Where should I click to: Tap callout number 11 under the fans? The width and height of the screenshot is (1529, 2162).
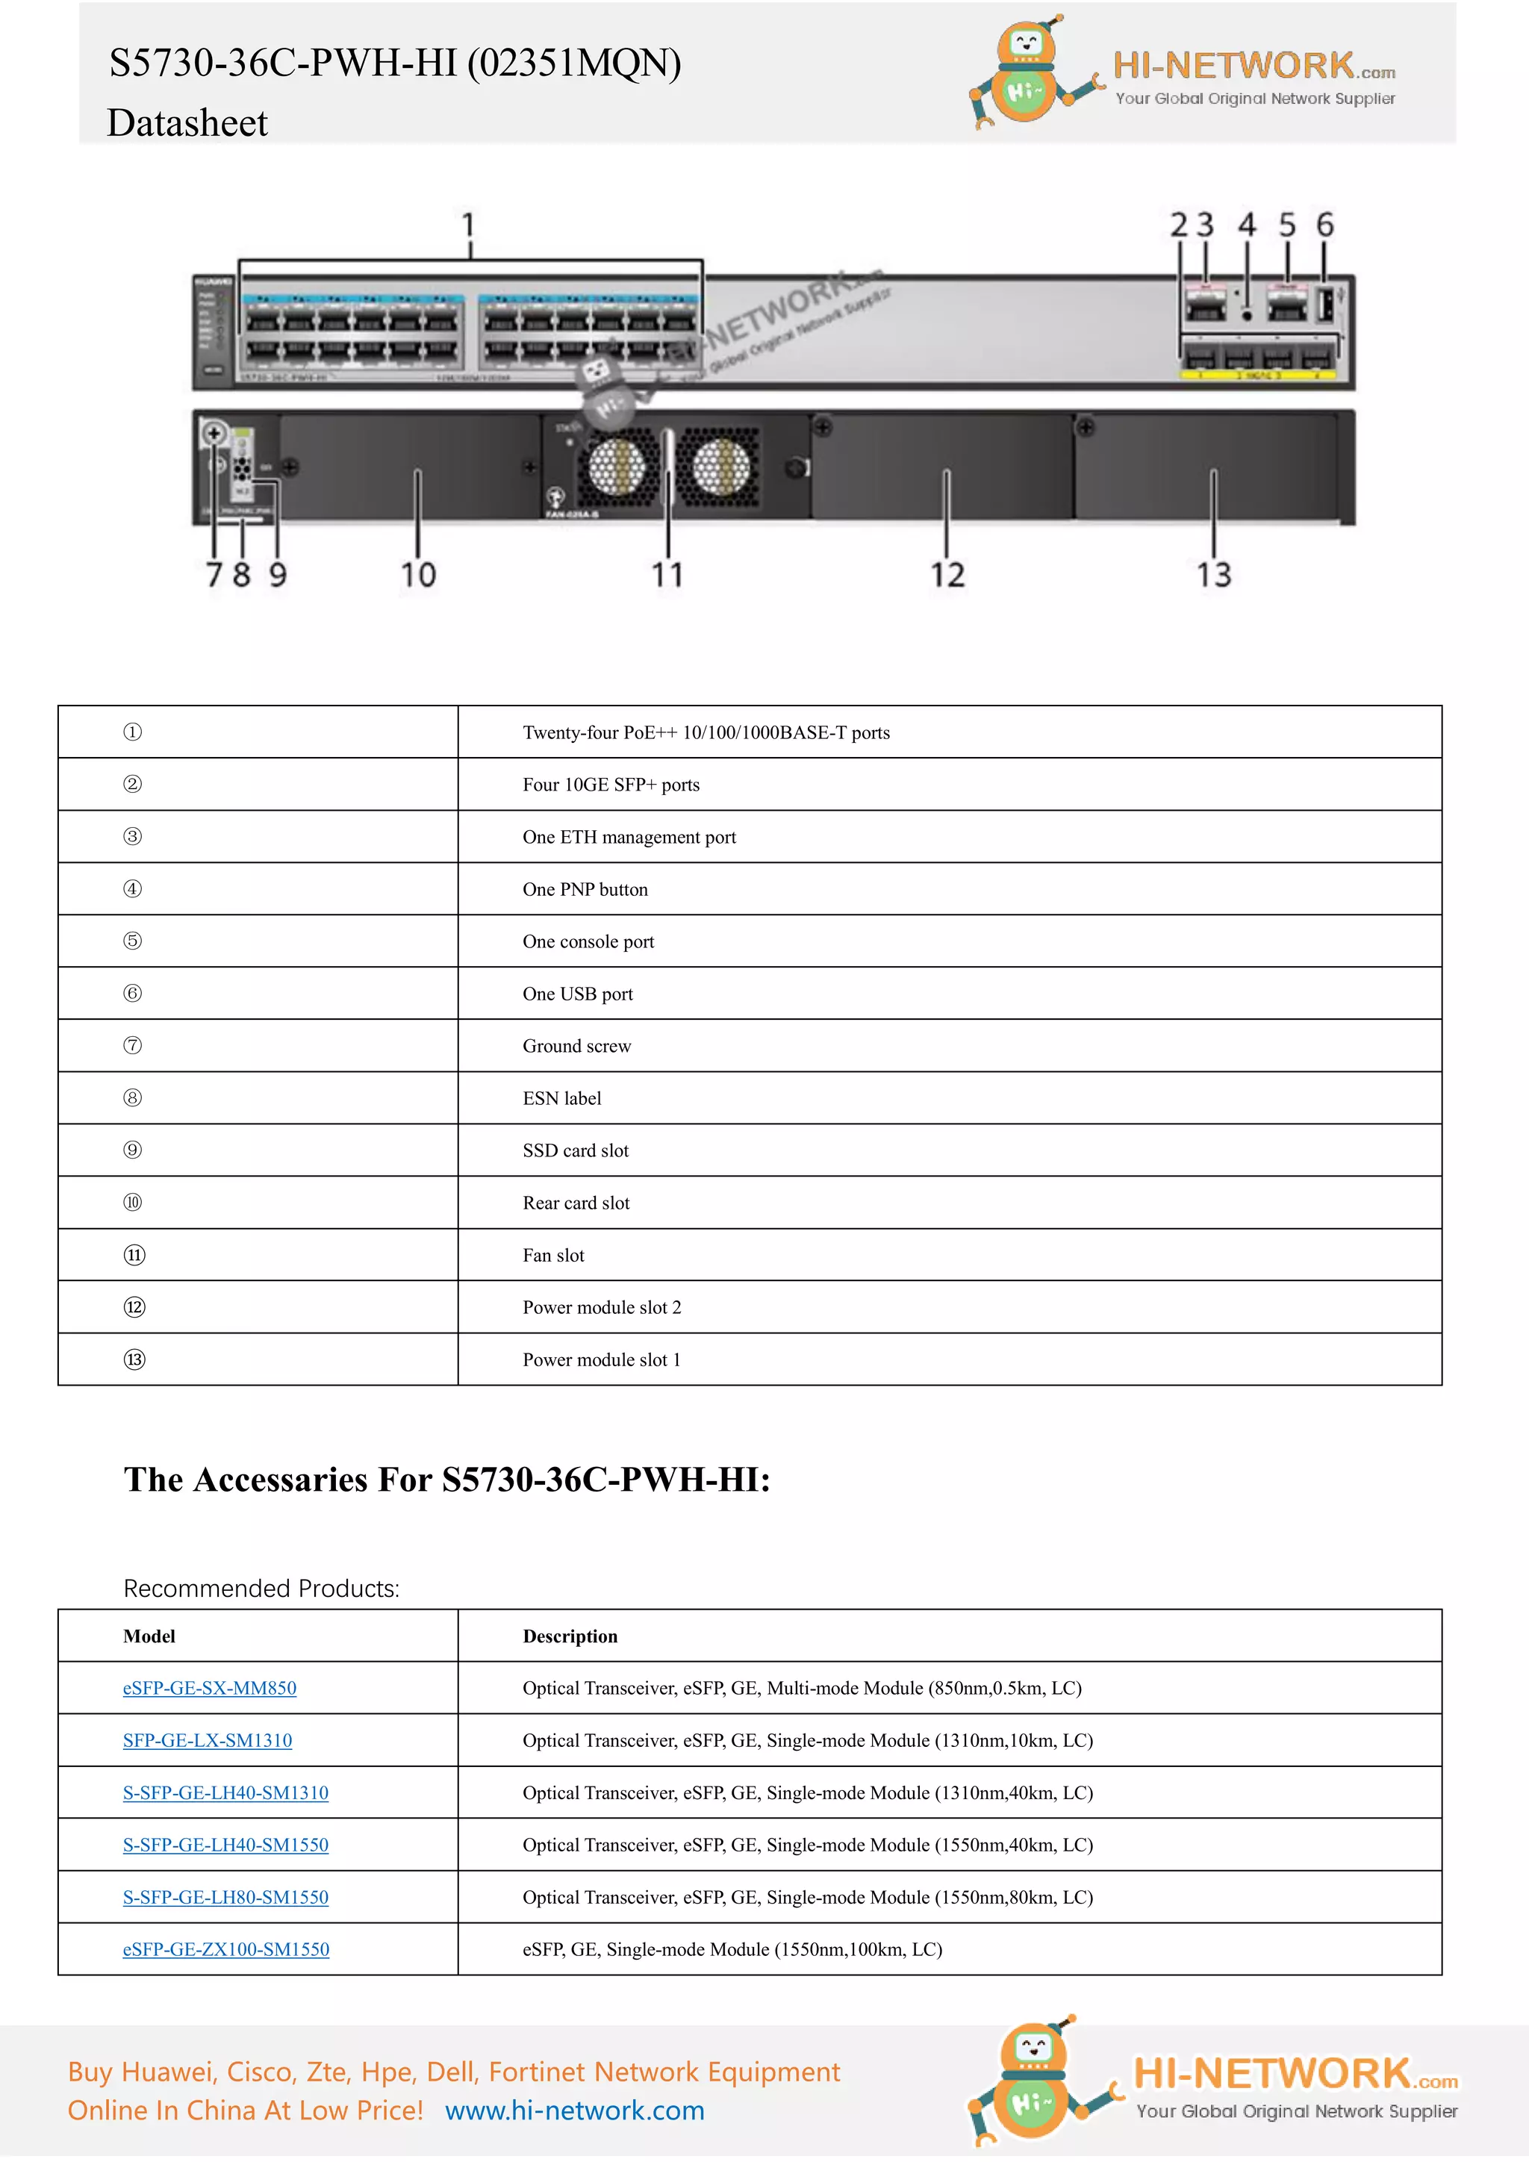tap(667, 574)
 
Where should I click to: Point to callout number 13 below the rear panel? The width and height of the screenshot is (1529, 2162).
tap(1214, 574)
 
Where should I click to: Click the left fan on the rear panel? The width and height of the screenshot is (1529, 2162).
tap(617, 466)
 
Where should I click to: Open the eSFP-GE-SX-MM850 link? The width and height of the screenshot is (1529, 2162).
tap(209, 1689)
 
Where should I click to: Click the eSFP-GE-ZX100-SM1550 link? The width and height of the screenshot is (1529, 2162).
tap(226, 1949)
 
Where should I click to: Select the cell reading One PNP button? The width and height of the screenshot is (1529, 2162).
tap(585, 889)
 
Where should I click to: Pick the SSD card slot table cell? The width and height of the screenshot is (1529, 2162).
tap(576, 1150)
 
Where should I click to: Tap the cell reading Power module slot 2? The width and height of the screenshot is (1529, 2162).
tap(602, 1307)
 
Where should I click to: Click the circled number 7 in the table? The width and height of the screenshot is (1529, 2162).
tap(133, 1045)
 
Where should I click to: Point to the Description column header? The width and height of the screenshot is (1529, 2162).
tap(570, 1636)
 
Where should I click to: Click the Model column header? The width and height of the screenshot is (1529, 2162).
tap(149, 1636)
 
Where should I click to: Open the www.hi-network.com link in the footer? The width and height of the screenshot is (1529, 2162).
tap(574, 2110)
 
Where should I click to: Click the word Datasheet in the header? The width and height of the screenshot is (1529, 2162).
tap(187, 122)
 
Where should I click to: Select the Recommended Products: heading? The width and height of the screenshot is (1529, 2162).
tap(261, 1589)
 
